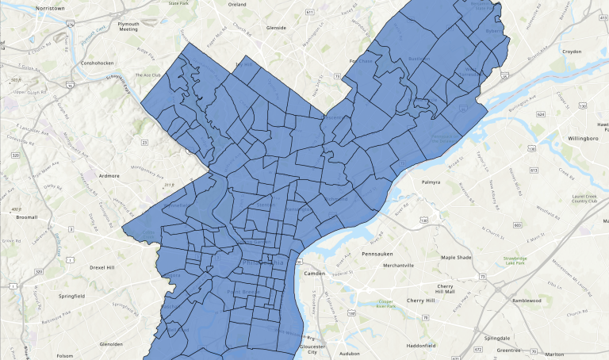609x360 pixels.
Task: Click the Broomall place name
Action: (26, 216)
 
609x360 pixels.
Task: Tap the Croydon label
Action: (594, 50)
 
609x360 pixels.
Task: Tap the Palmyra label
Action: (431, 182)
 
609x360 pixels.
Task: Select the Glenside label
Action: (276, 27)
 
